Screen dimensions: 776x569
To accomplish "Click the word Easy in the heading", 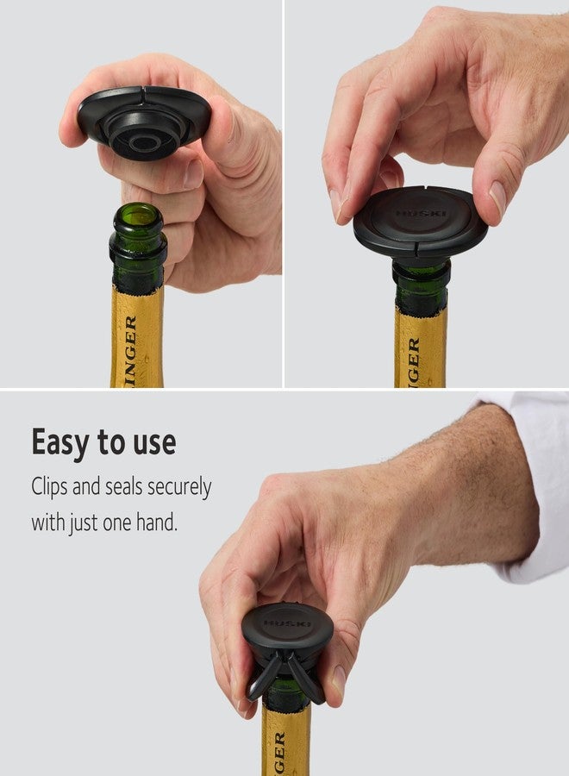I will [x=59, y=443].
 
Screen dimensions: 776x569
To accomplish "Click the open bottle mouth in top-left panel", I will [x=138, y=215].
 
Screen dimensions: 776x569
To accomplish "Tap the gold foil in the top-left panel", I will [x=138, y=336].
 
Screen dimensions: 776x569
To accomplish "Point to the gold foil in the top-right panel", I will [x=421, y=345].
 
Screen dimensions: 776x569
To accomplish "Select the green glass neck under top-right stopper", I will [x=421, y=285].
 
